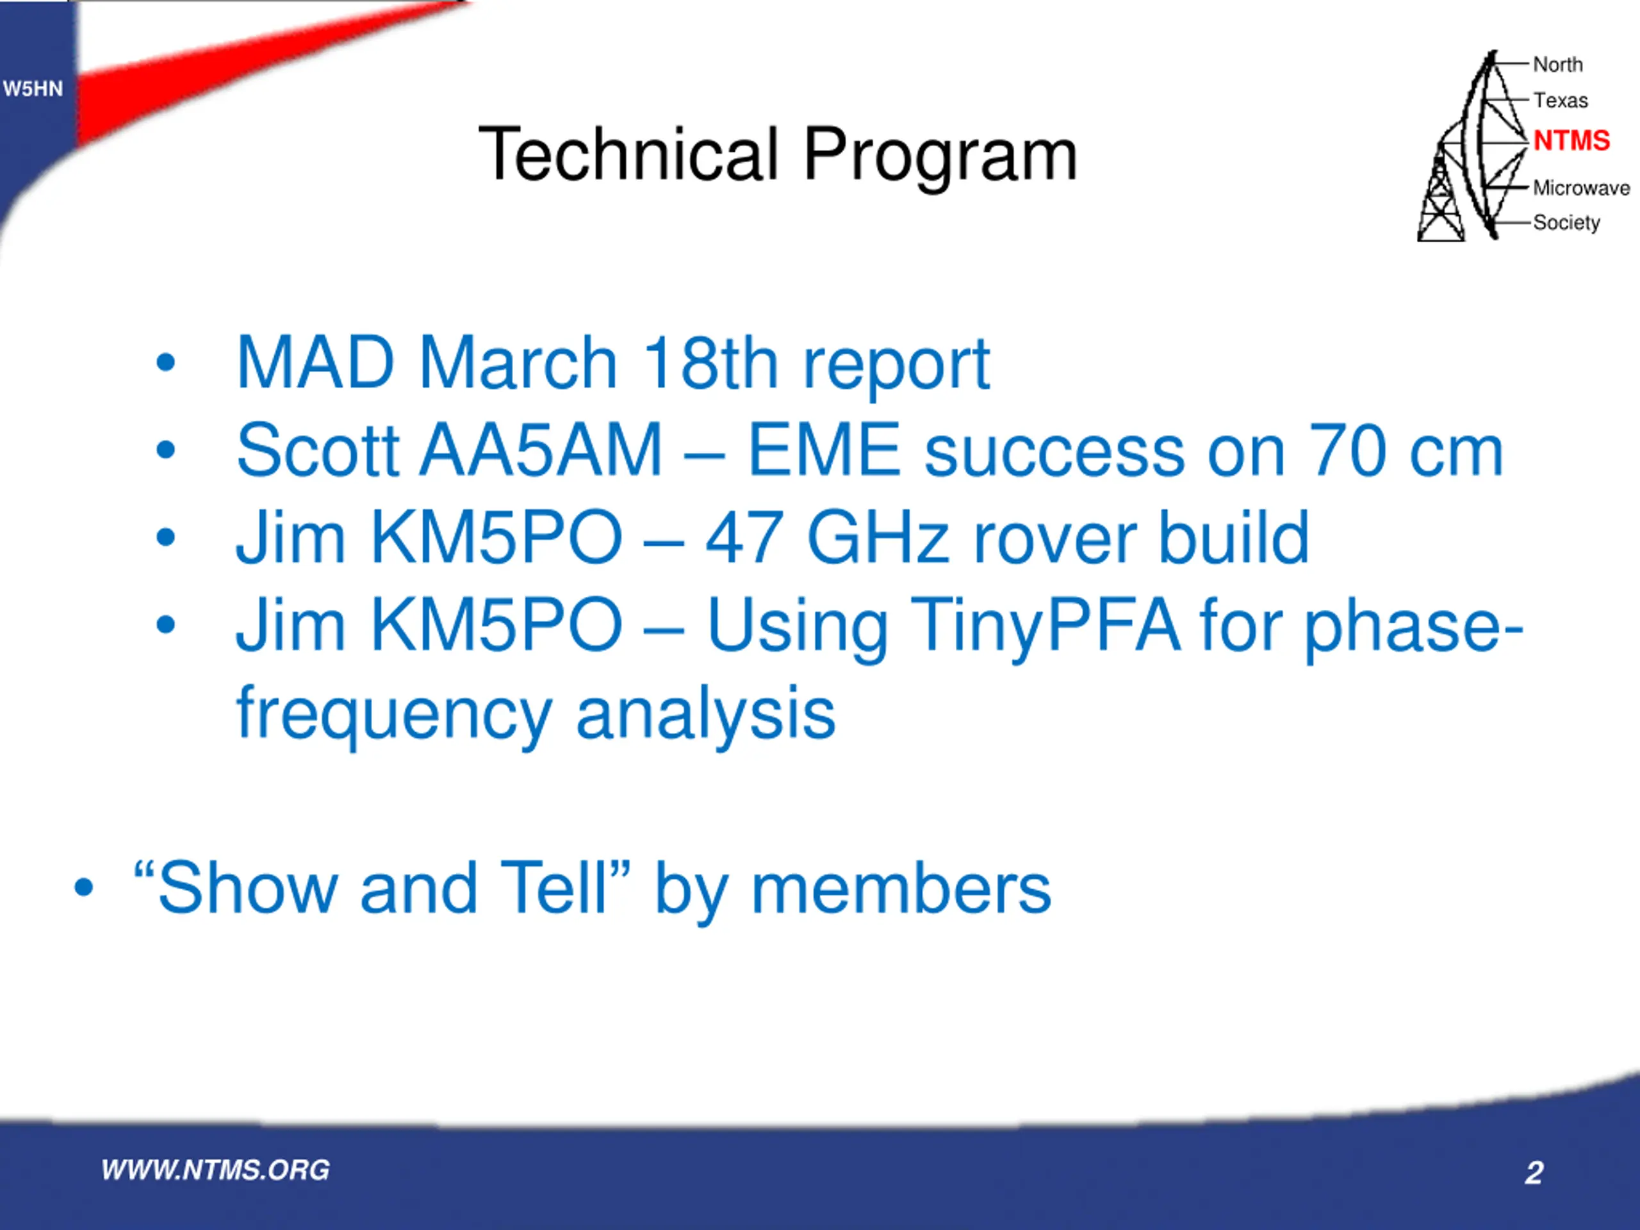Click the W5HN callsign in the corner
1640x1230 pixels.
click(33, 89)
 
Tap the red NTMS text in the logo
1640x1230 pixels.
click(1571, 140)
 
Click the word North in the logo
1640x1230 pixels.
click(1558, 65)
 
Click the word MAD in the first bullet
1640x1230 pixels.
click(315, 363)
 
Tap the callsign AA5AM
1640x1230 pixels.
click(541, 450)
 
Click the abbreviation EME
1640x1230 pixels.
click(824, 450)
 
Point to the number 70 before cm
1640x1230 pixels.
click(1347, 450)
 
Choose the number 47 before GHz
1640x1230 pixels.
click(744, 537)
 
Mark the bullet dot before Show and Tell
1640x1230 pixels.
click(84, 887)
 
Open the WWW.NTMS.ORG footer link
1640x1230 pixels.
click(216, 1170)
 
